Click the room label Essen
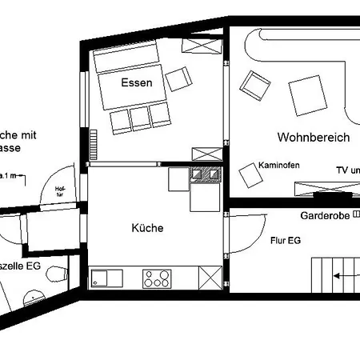point(137,82)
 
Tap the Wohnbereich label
point(314,138)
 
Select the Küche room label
point(147,228)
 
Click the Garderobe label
point(325,217)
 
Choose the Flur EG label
point(285,239)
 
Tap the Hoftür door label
point(59,190)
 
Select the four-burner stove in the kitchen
point(157,278)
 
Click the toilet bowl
point(53,274)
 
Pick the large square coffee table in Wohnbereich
point(308,95)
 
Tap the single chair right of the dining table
point(179,78)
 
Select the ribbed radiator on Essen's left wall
point(93,146)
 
